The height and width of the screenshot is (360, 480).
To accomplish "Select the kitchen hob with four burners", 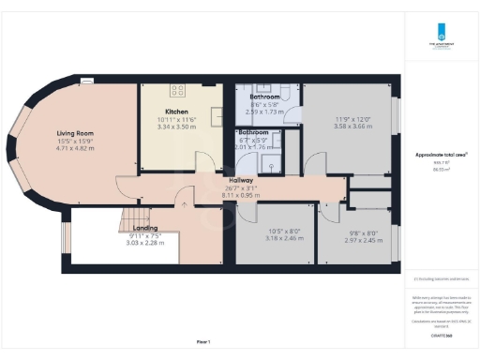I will tap(178, 90).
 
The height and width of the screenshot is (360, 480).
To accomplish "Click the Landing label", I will tap(145, 228).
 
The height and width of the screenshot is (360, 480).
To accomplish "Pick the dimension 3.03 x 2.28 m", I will tap(145, 243).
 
